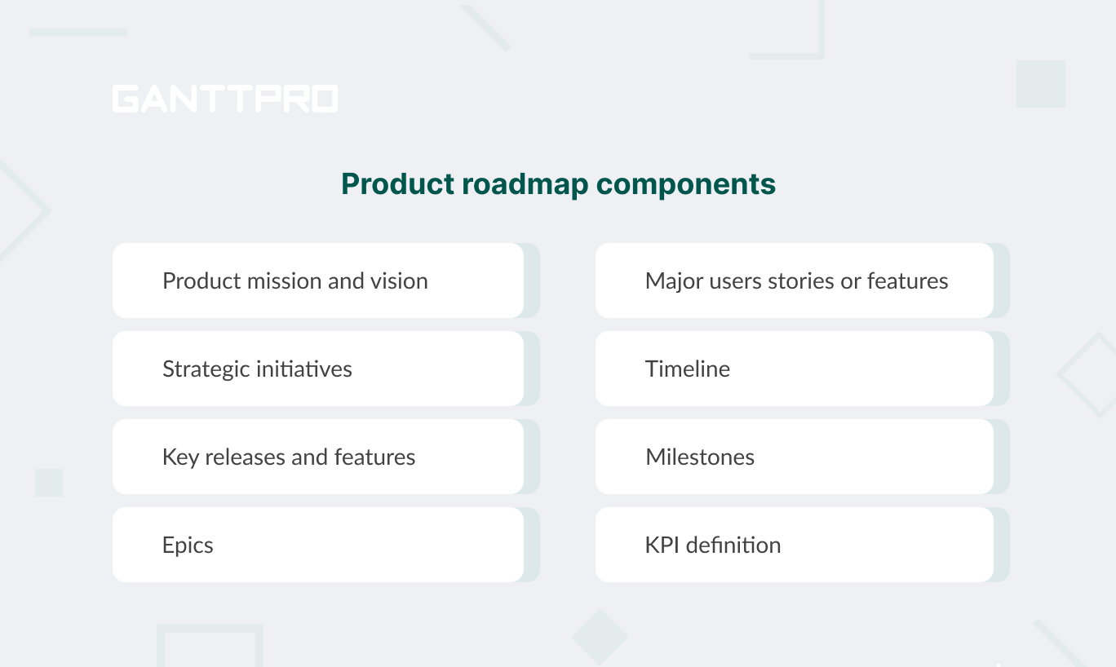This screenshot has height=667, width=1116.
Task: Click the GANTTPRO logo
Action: (x=225, y=99)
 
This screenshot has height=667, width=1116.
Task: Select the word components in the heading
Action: (x=686, y=184)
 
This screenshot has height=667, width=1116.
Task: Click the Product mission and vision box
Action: (x=317, y=280)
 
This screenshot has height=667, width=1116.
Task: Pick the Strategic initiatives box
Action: (x=317, y=369)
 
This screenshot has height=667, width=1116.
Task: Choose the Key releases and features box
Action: (x=317, y=457)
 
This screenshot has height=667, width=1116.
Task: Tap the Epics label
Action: (x=188, y=545)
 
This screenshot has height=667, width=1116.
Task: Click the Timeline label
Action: (x=688, y=369)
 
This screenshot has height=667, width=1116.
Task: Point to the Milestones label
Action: (x=700, y=457)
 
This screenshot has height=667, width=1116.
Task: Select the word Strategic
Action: (x=206, y=369)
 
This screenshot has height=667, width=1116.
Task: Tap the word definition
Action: (x=733, y=545)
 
